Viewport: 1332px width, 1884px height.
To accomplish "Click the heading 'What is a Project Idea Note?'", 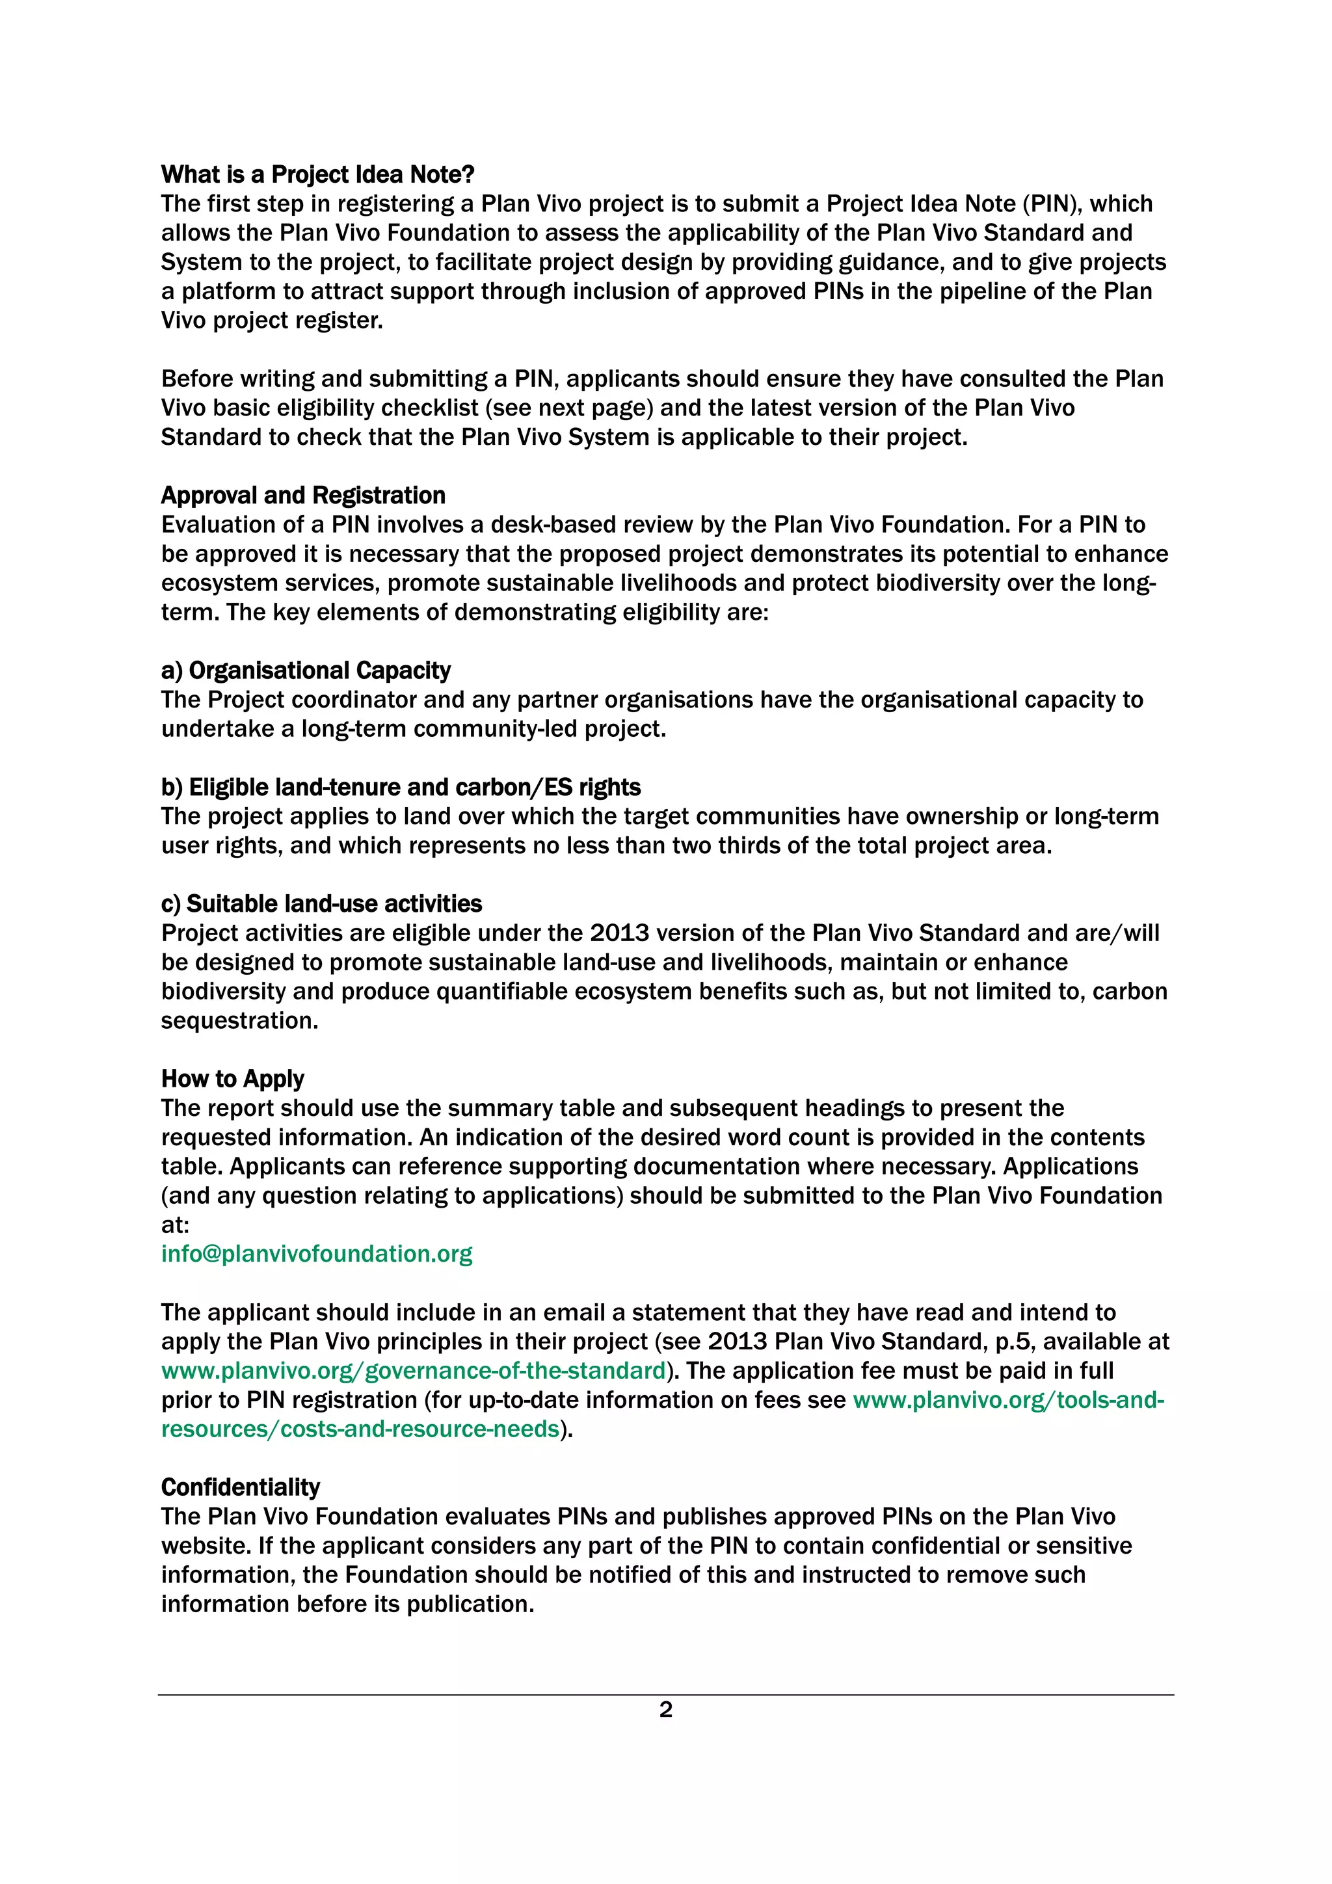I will pyautogui.click(x=317, y=175).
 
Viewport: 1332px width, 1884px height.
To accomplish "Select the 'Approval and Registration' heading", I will pyautogui.click(x=303, y=496).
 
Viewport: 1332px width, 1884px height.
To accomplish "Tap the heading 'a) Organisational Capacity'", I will pyautogui.click(x=305, y=670).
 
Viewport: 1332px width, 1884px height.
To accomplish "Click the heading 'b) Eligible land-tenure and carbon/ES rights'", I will pyautogui.click(x=401, y=787).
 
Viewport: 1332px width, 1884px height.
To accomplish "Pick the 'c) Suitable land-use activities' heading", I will pyautogui.click(x=321, y=903).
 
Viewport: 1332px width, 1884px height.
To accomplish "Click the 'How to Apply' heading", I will pyautogui.click(x=232, y=1078).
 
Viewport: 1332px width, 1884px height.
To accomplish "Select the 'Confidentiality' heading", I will pyautogui.click(x=241, y=1487).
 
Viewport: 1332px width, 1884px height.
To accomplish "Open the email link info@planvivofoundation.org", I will pyautogui.click(x=317, y=1254).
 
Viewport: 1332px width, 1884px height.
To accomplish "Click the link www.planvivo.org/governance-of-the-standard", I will pyautogui.click(x=413, y=1370).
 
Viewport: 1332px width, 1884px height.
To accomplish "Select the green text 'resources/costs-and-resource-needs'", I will pyautogui.click(x=360, y=1429).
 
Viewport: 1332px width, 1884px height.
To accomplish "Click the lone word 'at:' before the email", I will pyautogui.click(x=175, y=1225).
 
